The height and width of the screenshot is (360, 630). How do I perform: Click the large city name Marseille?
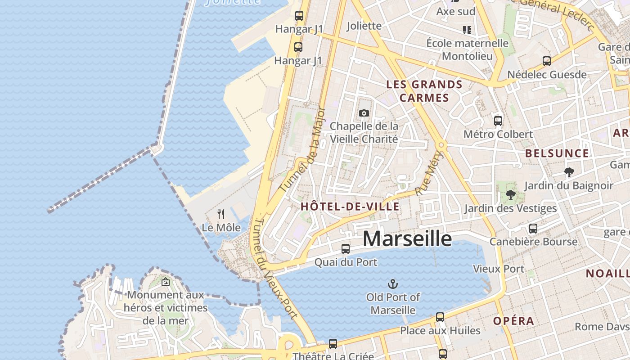pyautogui.click(x=407, y=239)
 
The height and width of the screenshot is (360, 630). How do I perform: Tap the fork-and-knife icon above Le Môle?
pyautogui.click(x=221, y=214)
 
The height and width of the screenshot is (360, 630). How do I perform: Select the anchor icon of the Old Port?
pyautogui.click(x=393, y=284)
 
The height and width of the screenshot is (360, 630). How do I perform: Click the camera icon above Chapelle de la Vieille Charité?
pyautogui.click(x=364, y=113)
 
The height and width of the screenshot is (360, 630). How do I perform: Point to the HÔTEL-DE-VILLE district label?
pyautogui.click(x=350, y=207)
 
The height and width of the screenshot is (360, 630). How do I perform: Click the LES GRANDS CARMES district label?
pyautogui.click(x=424, y=91)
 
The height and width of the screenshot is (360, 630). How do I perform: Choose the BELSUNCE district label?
pyautogui.click(x=557, y=153)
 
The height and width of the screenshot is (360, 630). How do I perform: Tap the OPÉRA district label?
pyautogui.click(x=513, y=321)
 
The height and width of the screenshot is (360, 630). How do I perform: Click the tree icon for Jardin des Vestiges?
pyautogui.click(x=510, y=195)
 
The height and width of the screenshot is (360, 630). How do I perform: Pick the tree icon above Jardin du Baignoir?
pyautogui.click(x=569, y=172)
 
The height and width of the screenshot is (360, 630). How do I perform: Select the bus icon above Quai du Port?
pyautogui.click(x=346, y=248)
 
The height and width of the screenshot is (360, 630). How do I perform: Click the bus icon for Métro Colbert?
pyautogui.click(x=498, y=121)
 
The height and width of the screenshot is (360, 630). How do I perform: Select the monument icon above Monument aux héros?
pyautogui.click(x=166, y=282)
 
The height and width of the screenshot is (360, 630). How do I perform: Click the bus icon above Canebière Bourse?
pyautogui.click(x=533, y=229)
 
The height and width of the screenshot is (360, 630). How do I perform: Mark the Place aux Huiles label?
pyautogui.click(x=440, y=331)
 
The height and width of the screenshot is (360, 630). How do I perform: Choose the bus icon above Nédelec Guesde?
pyautogui.click(x=547, y=61)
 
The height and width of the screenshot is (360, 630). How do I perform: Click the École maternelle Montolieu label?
pyautogui.click(x=467, y=49)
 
